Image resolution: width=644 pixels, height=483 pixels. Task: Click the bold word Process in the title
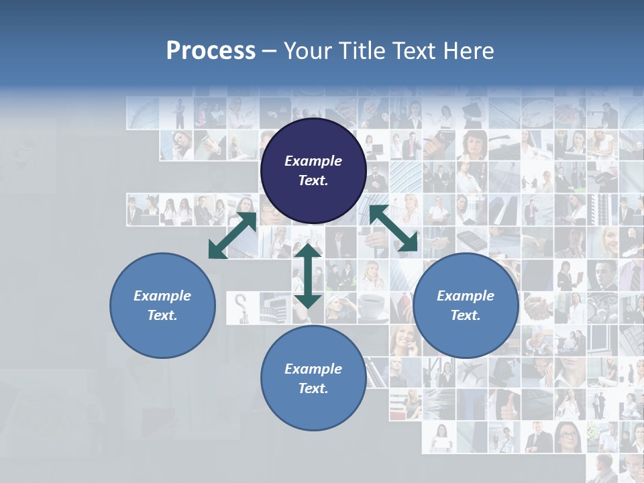coord(211,51)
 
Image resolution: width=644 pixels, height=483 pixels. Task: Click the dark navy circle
coord(313,171)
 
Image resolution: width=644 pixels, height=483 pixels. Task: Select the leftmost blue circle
coord(162,305)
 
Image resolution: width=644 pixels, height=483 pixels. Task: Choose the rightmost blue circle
coord(466,305)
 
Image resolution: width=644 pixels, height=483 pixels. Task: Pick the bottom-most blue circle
coord(313,378)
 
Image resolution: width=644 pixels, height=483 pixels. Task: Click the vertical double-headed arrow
coord(307,276)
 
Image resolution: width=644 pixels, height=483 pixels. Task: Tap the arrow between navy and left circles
coord(233,235)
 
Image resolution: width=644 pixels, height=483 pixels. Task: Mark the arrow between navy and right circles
coord(394,229)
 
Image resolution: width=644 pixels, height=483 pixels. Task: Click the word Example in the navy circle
coord(313,161)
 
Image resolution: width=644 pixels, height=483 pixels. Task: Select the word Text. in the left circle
coord(162,315)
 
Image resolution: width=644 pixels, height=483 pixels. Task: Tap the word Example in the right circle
coord(466,296)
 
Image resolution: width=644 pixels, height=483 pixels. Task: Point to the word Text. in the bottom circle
coord(313,388)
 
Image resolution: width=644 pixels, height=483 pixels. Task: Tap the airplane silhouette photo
coord(472,372)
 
